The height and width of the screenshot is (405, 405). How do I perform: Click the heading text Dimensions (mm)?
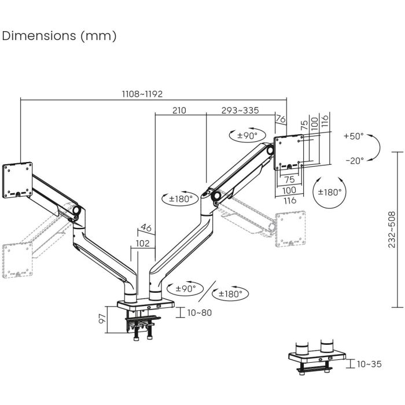coord(60,36)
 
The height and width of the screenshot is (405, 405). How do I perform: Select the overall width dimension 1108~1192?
coord(142,93)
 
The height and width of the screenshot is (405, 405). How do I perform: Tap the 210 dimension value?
coord(179,111)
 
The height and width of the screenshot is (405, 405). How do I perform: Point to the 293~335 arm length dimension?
coord(240,111)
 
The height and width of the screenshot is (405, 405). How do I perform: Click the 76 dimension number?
coord(281,119)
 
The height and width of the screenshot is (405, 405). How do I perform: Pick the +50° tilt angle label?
coord(353,137)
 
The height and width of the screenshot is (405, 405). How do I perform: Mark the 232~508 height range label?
coord(392,229)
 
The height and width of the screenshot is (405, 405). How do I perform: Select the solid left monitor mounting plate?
coord(16,181)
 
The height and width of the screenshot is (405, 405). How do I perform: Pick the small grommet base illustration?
coord(315,356)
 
